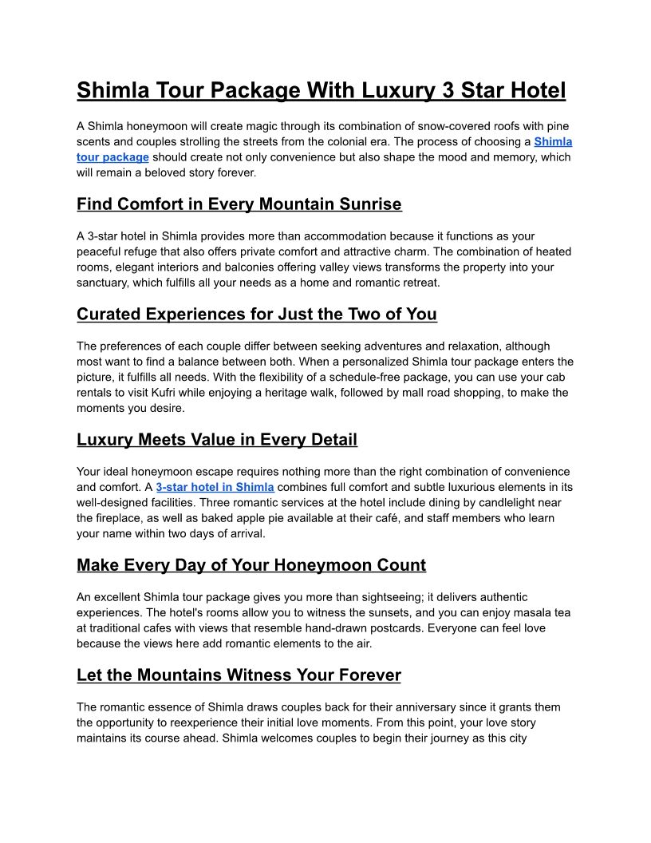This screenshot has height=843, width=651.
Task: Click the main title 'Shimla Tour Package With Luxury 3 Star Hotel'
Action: coord(321,90)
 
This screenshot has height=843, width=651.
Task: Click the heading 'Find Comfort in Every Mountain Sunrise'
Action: coord(239,204)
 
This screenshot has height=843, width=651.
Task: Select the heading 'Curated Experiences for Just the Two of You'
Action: coord(257,315)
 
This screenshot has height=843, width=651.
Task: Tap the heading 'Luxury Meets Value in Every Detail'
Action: coord(217,440)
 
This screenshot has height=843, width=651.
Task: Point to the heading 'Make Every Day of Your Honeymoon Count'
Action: coord(251,566)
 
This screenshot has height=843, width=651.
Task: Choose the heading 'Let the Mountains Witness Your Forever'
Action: coord(239,675)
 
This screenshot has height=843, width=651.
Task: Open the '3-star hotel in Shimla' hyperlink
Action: coord(215,487)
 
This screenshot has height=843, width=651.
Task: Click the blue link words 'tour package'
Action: coord(112,157)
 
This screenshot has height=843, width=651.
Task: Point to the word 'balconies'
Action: coord(294,267)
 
